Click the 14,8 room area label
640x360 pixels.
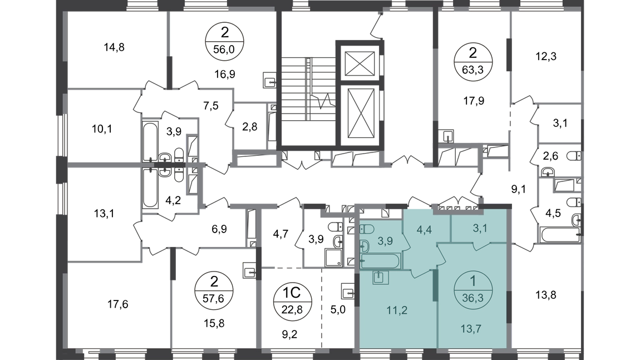[114, 47]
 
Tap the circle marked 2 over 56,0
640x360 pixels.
[224, 41]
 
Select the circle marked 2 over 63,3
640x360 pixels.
[472, 62]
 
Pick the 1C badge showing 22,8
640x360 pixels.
[292, 300]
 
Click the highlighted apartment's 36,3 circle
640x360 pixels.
[472, 290]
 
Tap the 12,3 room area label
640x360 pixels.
[546, 56]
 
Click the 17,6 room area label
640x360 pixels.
[117, 304]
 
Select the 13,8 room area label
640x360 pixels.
[546, 295]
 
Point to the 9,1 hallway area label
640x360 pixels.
[518, 189]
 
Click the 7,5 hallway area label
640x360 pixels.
[211, 106]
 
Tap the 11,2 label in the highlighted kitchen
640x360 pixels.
[397, 310]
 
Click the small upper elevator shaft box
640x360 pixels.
[360, 63]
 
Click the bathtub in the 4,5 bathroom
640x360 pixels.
[560, 235]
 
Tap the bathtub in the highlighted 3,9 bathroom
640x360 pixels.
[380, 261]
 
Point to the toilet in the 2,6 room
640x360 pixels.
[575, 156]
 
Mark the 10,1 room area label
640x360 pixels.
[102, 130]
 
